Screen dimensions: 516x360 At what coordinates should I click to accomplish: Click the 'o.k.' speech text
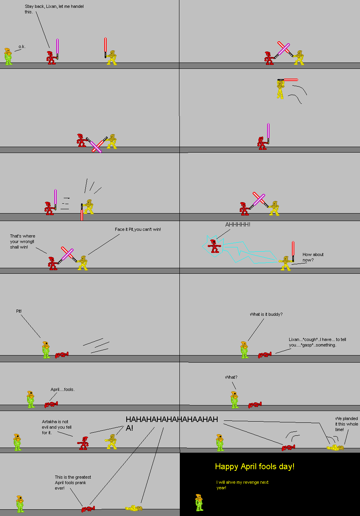click(22, 47)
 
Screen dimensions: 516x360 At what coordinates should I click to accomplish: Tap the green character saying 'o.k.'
click(8, 57)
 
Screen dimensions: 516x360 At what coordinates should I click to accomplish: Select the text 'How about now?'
click(313, 257)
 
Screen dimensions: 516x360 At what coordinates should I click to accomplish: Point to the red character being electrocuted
click(214, 246)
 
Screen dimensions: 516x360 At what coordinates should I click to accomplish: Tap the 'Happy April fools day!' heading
click(255, 466)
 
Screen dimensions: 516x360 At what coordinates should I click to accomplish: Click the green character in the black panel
click(199, 503)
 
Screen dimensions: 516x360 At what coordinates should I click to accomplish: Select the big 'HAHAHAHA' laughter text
click(172, 423)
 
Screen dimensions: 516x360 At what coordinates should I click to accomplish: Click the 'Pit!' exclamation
click(19, 311)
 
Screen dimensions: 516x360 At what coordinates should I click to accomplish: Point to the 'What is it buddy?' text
click(266, 314)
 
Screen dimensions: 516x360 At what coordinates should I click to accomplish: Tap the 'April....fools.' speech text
click(63, 389)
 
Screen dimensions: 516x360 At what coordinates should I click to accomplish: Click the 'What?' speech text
click(231, 377)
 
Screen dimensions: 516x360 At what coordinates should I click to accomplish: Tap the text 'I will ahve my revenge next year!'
click(242, 485)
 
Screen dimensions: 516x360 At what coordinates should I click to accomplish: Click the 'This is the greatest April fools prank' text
click(73, 483)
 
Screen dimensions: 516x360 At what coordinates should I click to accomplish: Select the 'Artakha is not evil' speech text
click(55, 427)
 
